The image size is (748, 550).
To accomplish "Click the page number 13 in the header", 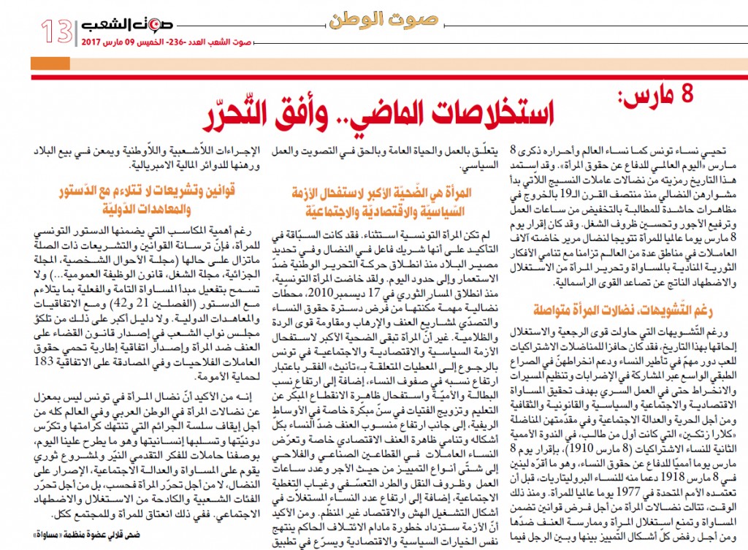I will [56, 31].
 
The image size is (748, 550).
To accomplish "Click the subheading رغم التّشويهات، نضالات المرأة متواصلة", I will [627, 308].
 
